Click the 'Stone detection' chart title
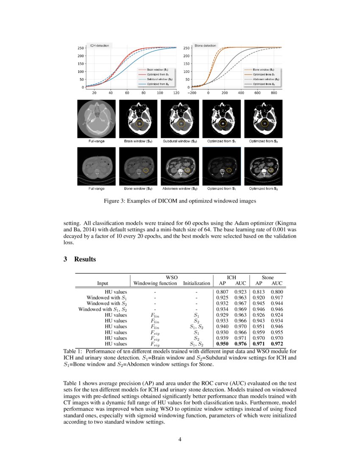(x=205, y=45)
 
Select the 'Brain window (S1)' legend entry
(x=158, y=69)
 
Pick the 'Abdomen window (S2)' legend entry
(x=263, y=79)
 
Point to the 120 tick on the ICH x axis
(x=176, y=92)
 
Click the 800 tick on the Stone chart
(x=274, y=92)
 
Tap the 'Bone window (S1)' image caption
(x=138, y=188)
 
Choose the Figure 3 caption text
(x=180, y=201)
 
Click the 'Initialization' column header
(x=197, y=283)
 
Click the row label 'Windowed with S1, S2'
(x=102, y=309)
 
